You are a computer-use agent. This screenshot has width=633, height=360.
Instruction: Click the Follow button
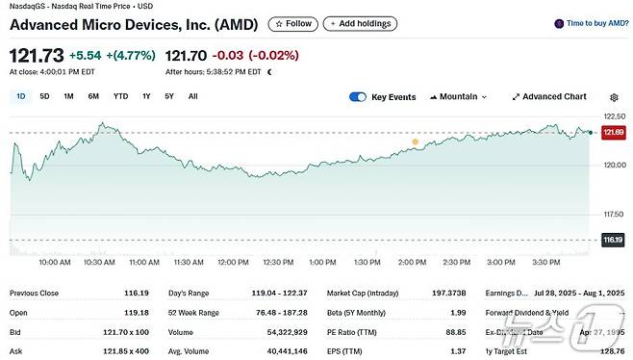[x=292, y=23]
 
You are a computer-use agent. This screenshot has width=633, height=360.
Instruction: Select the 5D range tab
[x=44, y=96]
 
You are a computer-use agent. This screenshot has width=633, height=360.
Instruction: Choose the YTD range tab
[x=120, y=96]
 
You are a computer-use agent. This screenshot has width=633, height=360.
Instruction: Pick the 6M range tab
[x=93, y=96]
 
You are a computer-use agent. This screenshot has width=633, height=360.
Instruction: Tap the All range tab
[x=193, y=96]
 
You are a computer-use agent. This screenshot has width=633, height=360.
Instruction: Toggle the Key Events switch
[x=358, y=97]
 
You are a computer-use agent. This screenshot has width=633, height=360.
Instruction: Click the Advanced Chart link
[x=548, y=97]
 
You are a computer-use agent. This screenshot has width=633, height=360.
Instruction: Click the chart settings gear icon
[x=615, y=97]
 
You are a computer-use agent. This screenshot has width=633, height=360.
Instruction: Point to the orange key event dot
[x=416, y=142]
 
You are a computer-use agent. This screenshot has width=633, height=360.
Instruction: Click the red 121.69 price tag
[x=613, y=133]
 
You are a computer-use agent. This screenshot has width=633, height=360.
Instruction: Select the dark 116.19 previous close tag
[x=613, y=239]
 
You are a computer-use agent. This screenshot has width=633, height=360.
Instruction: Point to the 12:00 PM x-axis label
[x=234, y=262]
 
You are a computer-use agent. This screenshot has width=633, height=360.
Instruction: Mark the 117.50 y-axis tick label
[x=613, y=214]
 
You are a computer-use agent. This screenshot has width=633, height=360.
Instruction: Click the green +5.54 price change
[x=84, y=56]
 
